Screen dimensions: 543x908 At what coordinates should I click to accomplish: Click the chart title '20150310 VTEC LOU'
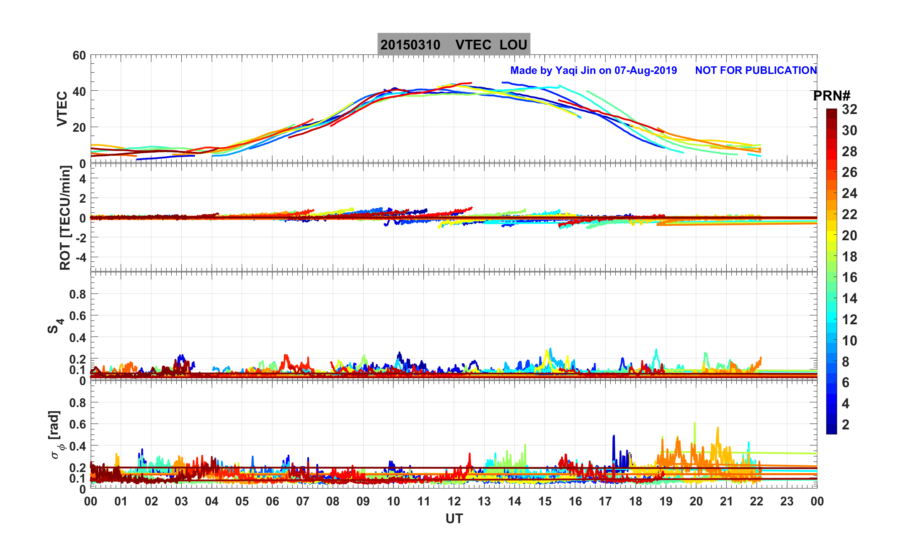coord(453,45)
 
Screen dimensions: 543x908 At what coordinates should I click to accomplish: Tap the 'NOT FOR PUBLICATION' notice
coord(756,71)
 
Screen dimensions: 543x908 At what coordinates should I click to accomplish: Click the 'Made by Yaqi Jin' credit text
coord(593,71)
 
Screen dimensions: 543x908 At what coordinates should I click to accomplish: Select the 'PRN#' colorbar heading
coord(832,96)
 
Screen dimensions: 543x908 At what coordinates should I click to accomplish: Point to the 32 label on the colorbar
coord(849,110)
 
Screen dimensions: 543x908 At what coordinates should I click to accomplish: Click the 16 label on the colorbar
coord(849,278)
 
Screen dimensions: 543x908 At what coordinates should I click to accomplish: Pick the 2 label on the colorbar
coord(846,425)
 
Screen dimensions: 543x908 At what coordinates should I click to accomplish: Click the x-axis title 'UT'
coord(454,519)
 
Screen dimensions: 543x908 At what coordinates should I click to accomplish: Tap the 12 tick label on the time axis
coord(454,502)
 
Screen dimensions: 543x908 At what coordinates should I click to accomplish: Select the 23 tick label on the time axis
coord(787,502)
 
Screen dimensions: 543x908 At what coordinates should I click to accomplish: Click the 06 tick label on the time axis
coord(272,502)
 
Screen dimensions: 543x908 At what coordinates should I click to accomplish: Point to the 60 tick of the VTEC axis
coord(79,56)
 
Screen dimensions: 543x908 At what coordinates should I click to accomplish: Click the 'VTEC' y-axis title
coord(62,109)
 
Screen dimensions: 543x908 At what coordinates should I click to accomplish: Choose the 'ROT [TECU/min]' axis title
coord(65,218)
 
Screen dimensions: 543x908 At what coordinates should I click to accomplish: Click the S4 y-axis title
coord(55,326)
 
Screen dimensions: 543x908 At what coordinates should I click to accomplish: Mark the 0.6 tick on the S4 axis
coord(78,316)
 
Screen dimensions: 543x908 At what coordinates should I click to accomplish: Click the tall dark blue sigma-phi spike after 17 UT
coord(614,437)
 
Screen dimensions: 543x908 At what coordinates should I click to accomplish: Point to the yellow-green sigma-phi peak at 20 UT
coord(695,424)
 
